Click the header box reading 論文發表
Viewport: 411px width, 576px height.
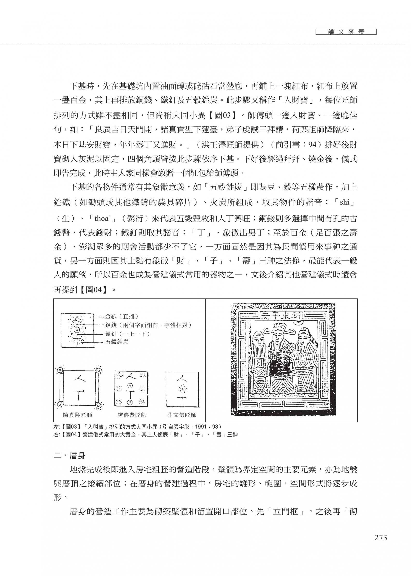tap(346, 32)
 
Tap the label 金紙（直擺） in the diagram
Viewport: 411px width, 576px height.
tap(121, 316)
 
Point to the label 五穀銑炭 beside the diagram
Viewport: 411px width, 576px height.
tap(117, 342)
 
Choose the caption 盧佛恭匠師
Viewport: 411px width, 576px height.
tap(132, 415)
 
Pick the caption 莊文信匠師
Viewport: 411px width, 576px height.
tap(182, 415)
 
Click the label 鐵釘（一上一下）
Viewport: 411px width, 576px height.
tap(128, 334)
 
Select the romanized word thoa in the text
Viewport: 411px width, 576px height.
tap(102, 218)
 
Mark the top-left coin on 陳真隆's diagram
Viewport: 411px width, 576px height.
tap(60, 370)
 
